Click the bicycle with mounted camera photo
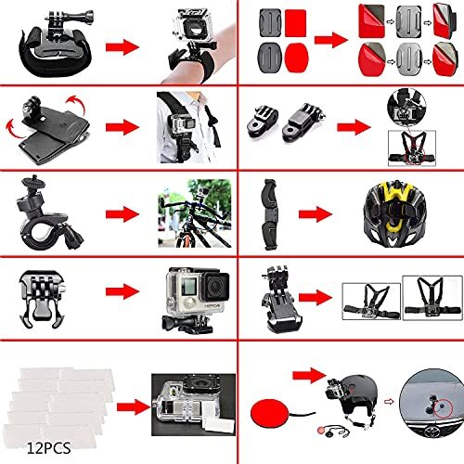point(186,199)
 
